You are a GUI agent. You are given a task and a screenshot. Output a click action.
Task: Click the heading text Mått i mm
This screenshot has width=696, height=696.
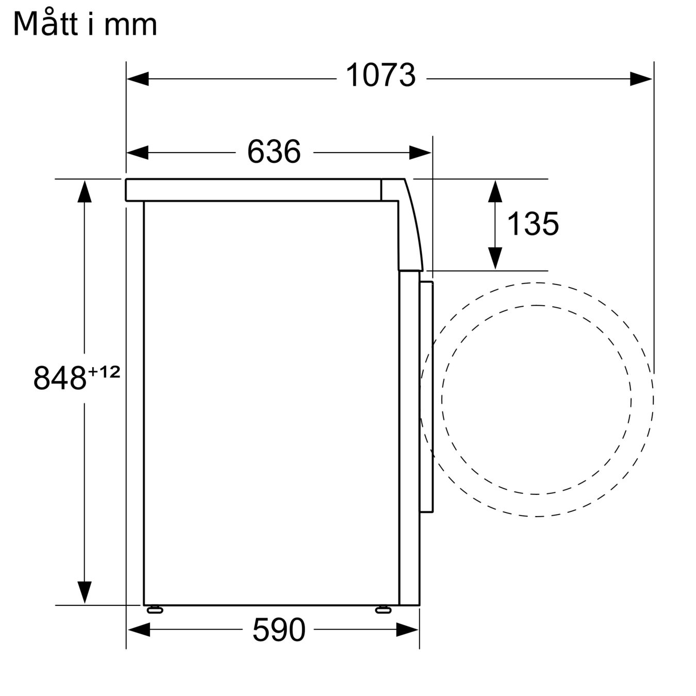point(85,24)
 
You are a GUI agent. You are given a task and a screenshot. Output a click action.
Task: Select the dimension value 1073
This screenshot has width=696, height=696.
point(380,75)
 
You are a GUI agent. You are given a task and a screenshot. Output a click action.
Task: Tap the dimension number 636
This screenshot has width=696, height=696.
point(274,152)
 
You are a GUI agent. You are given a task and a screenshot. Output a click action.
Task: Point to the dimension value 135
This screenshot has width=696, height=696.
point(533,224)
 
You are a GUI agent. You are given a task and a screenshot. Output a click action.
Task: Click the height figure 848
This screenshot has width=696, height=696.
point(60,378)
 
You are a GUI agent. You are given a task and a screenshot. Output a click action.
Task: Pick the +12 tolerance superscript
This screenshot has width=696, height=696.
point(104,372)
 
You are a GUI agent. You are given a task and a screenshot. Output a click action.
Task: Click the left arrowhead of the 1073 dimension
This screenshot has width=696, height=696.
point(138,79)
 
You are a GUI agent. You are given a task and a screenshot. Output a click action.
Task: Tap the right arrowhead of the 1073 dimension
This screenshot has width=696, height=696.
point(641,79)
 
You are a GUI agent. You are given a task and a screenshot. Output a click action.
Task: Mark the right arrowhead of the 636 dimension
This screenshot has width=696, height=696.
point(420,153)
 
